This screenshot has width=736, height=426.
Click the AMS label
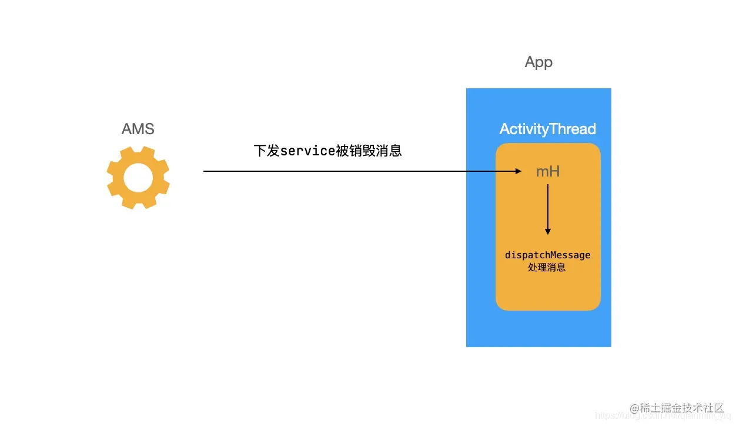pyautogui.click(x=138, y=129)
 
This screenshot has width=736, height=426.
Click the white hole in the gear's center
pyautogui.click(x=138, y=178)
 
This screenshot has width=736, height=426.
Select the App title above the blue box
pyautogui.click(x=538, y=62)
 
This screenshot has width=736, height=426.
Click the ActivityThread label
pyautogui.click(x=547, y=129)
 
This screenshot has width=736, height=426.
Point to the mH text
pyautogui.click(x=547, y=172)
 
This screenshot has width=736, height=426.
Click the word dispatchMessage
pyautogui.click(x=547, y=255)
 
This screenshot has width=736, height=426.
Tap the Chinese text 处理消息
pyautogui.click(x=547, y=268)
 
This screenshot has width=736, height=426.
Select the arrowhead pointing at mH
pyautogui.click(x=517, y=171)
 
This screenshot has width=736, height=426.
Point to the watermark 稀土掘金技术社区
pyautogui.click(x=682, y=408)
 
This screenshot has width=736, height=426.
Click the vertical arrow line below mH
pyautogui.click(x=548, y=206)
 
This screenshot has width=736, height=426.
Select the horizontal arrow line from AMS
pyautogui.click(x=353, y=171)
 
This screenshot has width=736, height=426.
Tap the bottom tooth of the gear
pyautogui.click(x=138, y=204)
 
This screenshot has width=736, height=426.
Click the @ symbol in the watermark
pyautogui.click(x=635, y=408)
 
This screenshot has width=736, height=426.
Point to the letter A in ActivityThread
pyautogui.click(x=504, y=129)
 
